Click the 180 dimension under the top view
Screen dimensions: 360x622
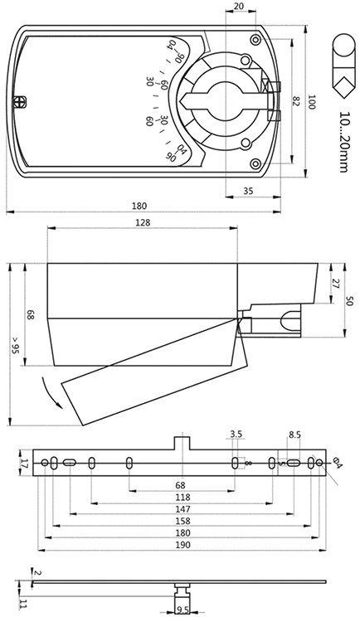[x=139, y=206]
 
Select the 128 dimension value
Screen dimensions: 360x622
[x=143, y=222]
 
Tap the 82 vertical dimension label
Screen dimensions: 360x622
[x=294, y=100]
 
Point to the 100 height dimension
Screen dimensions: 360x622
[x=312, y=102]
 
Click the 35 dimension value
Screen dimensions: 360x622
[x=248, y=191]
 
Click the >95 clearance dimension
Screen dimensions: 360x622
[x=16, y=345]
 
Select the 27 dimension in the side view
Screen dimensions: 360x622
[x=335, y=284]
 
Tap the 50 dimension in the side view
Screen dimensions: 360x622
[x=350, y=301]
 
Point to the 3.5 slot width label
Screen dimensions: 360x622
[x=236, y=434]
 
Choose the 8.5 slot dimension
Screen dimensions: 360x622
[x=294, y=435]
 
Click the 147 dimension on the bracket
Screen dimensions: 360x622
[x=182, y=509]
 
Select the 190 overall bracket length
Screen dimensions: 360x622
[x=182, y=545]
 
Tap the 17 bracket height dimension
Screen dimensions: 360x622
[x=24, y=463]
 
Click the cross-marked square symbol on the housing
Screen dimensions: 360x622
[x=19, y=101]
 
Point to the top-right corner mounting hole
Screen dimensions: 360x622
[x=255, y=38]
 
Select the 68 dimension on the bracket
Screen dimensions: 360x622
[x=181, y=485]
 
